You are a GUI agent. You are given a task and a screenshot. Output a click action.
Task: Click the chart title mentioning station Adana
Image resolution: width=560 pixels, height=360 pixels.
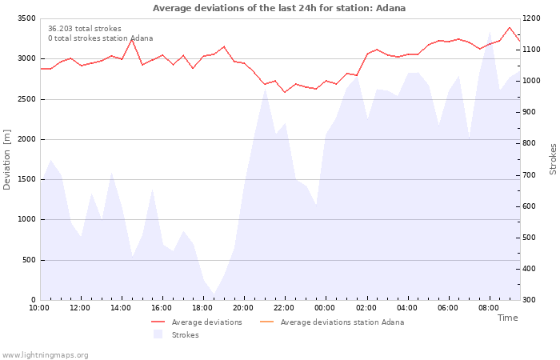pyautogui.click(x=279, y=8)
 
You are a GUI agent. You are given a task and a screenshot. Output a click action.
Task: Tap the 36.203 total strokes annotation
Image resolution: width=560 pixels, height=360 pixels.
pyautogui.click(x=85, y=29)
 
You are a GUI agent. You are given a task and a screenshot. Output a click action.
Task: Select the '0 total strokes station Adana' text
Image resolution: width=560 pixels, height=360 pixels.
pyautogui.click(x=100, y=38)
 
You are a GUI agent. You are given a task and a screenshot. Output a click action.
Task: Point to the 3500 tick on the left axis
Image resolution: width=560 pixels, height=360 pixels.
pyautogui.click(x=26, y=18)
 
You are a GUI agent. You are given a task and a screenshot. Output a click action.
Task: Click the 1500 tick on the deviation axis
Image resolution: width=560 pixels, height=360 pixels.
pyautogui.click(x=26, y=179)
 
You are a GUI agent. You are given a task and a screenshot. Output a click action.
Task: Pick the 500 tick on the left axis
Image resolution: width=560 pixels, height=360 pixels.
pyautogui.click(x=29, y=260)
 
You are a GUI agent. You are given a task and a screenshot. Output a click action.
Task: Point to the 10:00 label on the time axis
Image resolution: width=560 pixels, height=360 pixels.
pyautogui.click(x=39, y=308)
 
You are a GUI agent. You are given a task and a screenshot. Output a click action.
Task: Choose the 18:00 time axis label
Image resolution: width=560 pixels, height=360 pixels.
pyautogui.click(x=203, y=308)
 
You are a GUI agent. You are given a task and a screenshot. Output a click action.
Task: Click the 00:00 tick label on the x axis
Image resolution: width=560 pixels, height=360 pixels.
pyautogui.click(x=326, y=308)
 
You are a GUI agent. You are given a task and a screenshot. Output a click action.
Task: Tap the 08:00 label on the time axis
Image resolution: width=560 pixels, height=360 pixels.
pyautogui.click(x=490, y=308)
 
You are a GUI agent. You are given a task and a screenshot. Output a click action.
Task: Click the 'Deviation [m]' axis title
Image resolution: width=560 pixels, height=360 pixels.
pyautogui.click(x=7, y=159)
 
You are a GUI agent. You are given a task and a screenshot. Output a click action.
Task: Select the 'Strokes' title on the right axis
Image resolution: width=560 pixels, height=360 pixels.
pyautogui.click(x=553, y=159)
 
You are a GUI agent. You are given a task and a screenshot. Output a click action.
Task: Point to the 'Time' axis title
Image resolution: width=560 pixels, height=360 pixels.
pyautogui.click(x=507, y=318)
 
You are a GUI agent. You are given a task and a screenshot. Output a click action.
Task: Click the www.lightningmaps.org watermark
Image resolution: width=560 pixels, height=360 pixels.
pyautogui.click(x=45, y=355)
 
